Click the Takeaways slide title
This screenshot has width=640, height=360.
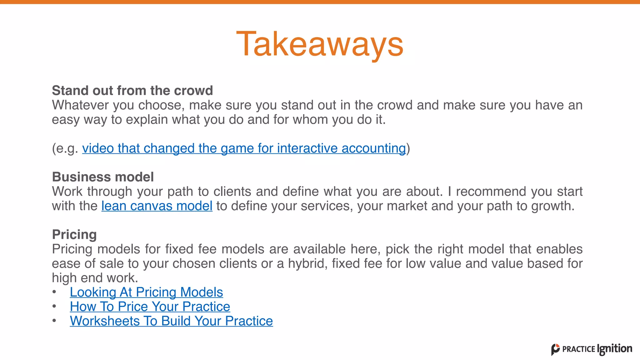pyautogui.click(x=320, y=44)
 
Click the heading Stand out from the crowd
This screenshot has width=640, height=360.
pyautogui.click(x=132, y=91)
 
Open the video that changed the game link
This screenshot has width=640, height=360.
pyautogui.click(x=244, y=148)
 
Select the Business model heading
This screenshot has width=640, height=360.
pyautogui.click(x=103, y=177)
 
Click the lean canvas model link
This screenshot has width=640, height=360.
pyautogui.click(x=157, y=206)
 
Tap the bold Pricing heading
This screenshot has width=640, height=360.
pyautogui.click(x=74, y=234)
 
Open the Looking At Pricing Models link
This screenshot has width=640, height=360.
pyautogui.click(x=146, y=292)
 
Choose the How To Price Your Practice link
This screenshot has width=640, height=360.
pyautogui.click(x=150, y=307)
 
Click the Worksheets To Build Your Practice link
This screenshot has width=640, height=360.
pyautogui.click(x=171, y=321)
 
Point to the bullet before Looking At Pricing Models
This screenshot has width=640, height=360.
pyautogui.click(x=54, y=292)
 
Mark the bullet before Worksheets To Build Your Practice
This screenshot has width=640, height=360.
pyautogui.click(x=54, y=321)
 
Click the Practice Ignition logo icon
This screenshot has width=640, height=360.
pyautogui.click(x=555, y=349)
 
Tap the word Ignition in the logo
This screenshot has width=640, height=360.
pyautogui.click(x=614, y=349)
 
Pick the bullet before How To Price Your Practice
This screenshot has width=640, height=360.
pyautogui.click(x=54, y=306)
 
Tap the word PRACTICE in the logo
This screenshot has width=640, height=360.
pyautogui.click(x=578, y=349)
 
